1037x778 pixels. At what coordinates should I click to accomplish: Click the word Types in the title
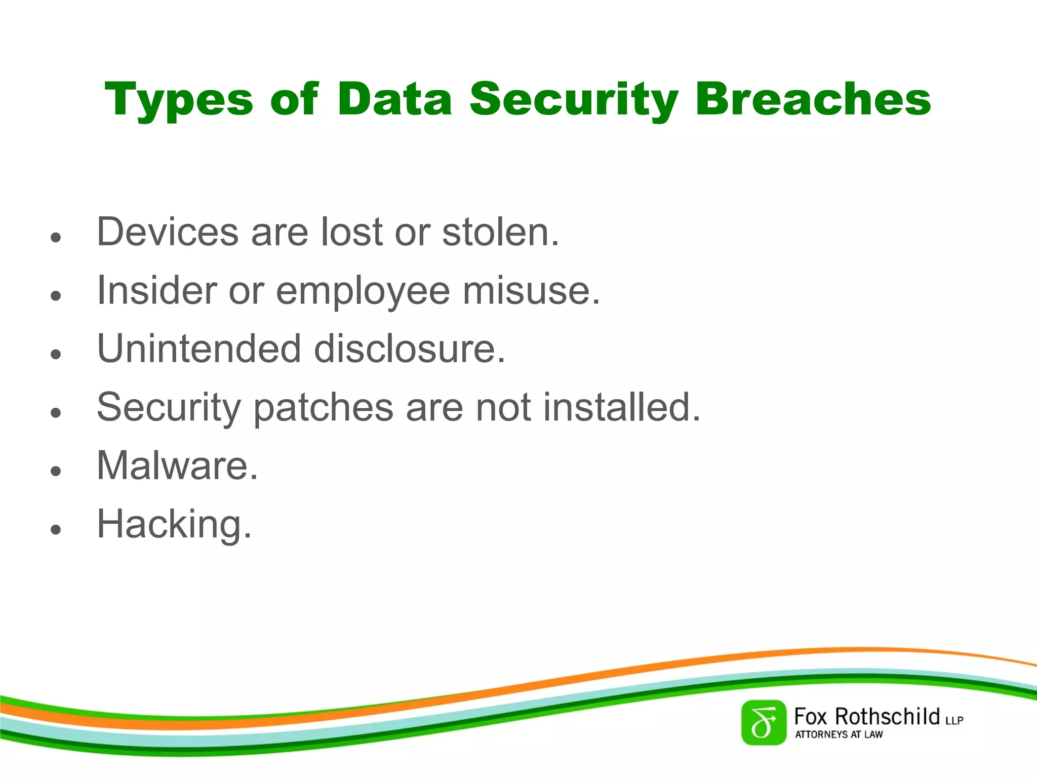pyautogui.click(x=179, y=100)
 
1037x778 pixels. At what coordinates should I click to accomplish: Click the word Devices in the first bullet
pyautogui.click(x=168, y=232)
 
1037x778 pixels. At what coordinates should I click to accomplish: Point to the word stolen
pyautogui.click(x=500, y=232)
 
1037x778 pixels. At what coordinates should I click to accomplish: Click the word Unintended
pyautogui.click(x=199, y=349)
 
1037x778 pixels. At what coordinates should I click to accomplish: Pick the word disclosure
pyautogui.click(x=409, y=349)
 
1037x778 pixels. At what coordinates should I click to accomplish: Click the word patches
pyautogui.click(x=323, y=408)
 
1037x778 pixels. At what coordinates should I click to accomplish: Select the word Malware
pyautogui.click(x=177, y=465)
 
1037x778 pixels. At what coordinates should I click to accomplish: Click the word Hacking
pyautogui.click(x=174, y=525)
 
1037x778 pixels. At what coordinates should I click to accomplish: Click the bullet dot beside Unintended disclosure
pyautogui.click(x=56, y=354)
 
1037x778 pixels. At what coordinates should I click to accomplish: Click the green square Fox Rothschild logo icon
pyautogui.click(x=764, y=723)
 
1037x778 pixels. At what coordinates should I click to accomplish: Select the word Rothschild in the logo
pyautogui.click(x=887, y=717)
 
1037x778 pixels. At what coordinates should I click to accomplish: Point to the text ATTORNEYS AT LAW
pyautogui.click(x=839, y=734)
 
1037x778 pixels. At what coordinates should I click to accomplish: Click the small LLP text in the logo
pyautogui.click(x=954, y=720)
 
